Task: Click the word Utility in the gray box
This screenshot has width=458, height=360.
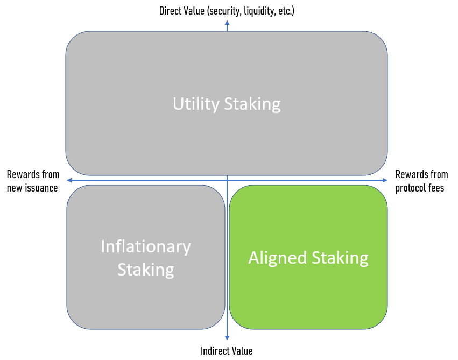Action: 194,103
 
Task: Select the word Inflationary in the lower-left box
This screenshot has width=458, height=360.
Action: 146,246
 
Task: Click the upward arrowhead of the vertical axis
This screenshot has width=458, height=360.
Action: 227,23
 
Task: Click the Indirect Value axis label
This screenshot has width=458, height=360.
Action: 227,351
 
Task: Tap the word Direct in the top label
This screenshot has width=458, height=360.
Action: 171,11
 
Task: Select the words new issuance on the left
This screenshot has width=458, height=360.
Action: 32,188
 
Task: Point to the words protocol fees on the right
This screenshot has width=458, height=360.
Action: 420,188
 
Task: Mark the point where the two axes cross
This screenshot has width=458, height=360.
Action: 227,180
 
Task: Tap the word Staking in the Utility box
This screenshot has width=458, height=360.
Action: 252,103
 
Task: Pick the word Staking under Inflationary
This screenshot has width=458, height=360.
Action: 146,269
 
